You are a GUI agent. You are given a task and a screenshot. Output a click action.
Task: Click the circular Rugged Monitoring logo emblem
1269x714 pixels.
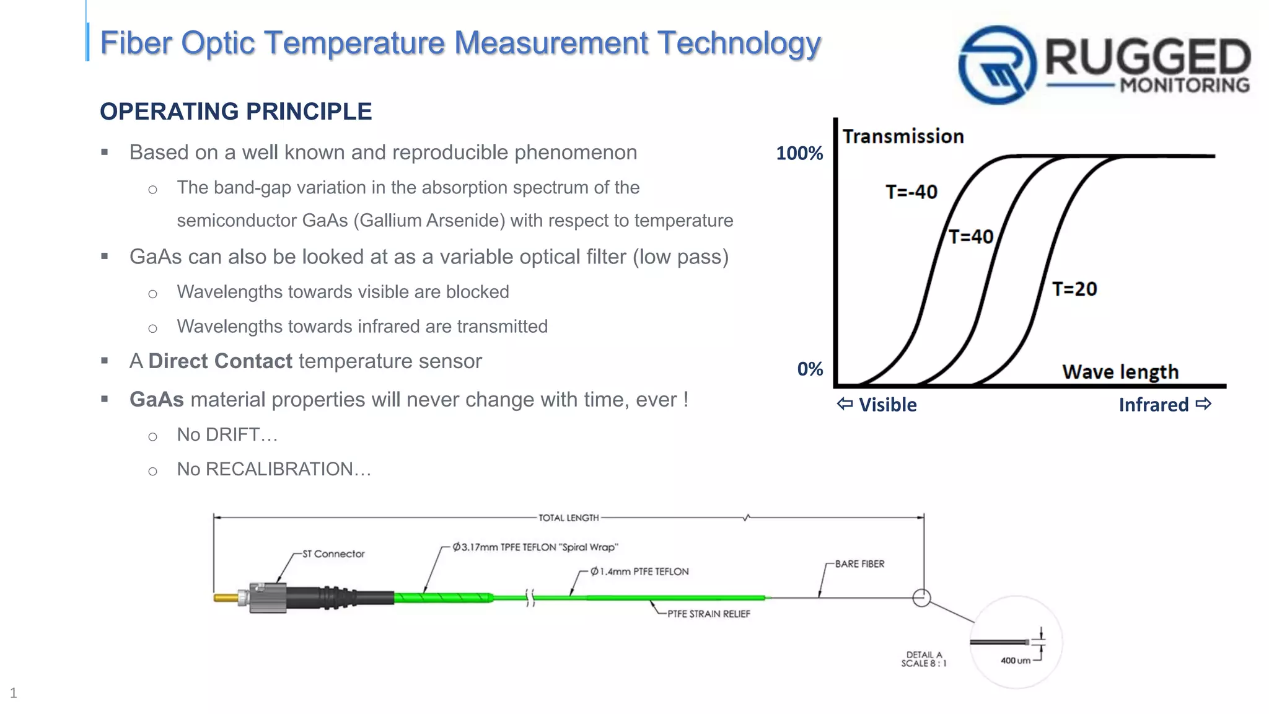997,64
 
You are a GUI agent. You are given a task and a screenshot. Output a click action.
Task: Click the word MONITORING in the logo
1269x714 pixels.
1185,85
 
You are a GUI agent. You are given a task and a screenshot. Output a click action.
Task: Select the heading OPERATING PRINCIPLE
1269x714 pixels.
235,112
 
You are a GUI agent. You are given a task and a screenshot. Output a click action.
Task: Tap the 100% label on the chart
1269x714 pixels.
799,153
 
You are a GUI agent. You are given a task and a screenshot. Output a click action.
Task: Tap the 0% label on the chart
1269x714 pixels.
810,369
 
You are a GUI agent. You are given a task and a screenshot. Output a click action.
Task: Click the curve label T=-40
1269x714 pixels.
911,192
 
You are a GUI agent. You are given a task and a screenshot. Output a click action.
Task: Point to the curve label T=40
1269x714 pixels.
971,237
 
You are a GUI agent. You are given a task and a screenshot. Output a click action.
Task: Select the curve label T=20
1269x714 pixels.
1074,289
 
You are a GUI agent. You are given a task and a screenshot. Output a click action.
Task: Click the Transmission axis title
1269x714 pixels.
903,136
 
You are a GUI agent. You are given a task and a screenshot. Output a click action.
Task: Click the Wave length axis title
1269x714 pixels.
1120,372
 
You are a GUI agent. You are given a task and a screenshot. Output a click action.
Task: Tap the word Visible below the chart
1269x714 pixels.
887,405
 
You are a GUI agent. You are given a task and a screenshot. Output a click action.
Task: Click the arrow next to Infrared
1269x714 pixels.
1203,404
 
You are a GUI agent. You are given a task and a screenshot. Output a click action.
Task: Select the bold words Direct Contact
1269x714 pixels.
220,361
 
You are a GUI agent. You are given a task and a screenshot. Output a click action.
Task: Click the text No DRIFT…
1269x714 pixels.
227,434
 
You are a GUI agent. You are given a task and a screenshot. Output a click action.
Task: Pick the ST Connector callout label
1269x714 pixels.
333,553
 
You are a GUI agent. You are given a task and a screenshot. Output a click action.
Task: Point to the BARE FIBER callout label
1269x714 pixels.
859,563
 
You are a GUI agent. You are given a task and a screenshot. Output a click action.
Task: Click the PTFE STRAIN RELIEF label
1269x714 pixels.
708,614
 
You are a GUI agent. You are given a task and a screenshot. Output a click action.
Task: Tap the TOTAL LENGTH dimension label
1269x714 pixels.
568,518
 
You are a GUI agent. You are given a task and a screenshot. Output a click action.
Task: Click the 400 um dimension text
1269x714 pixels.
1015,661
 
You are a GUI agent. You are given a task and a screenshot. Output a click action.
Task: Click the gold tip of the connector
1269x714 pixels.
225,598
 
